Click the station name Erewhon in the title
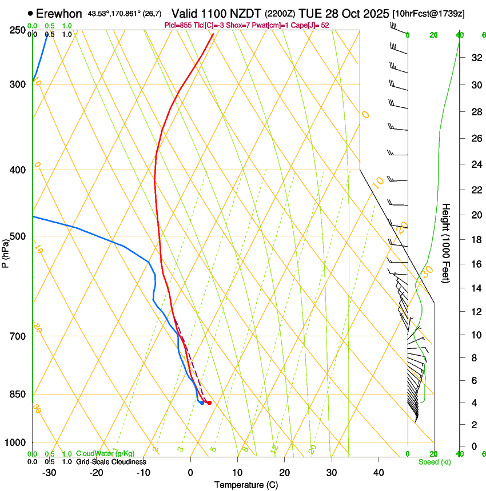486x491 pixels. point(59,13)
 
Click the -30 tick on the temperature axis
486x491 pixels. point(49,473)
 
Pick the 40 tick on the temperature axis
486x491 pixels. point(379,473)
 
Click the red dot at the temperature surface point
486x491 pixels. point(209,403)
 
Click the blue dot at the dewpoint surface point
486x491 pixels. point(202,403)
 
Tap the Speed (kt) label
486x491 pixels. point(434,462)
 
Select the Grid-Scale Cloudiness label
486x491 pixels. point(110,462)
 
